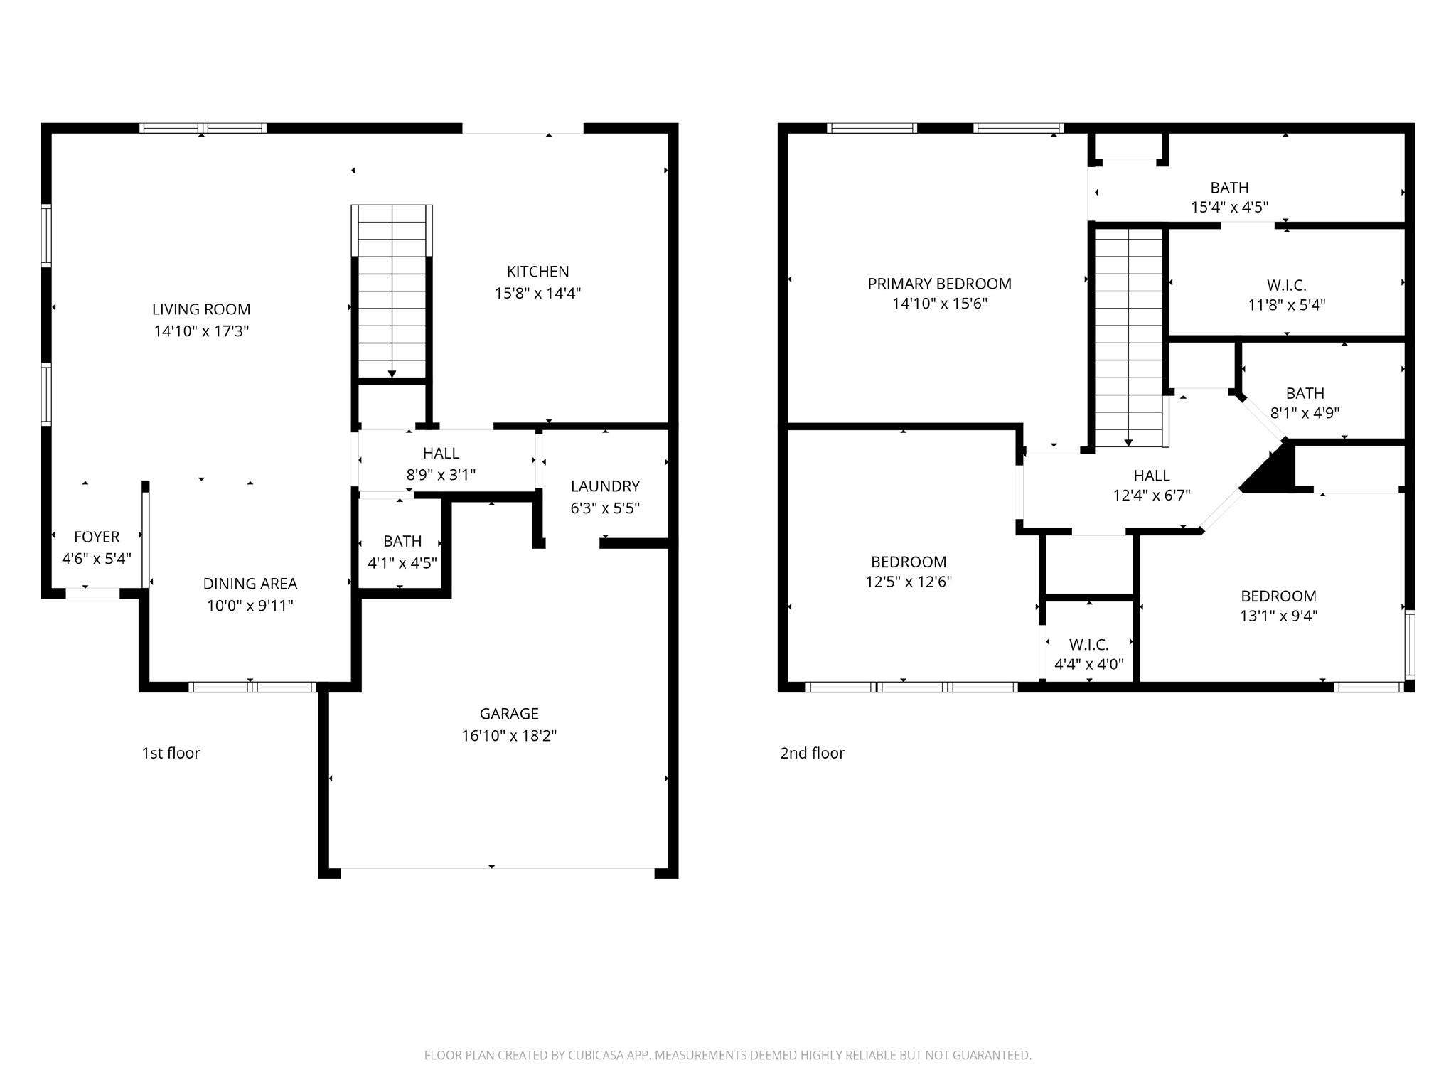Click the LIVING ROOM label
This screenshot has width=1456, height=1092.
click(x=201, y=309)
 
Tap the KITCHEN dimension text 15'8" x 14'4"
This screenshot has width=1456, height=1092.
click(x=537, y=293)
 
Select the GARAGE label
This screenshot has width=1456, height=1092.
click(x=508, y=713)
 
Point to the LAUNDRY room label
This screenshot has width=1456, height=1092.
click(x=605, y=486)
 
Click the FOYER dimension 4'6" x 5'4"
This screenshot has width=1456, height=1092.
click(x=97, y=559)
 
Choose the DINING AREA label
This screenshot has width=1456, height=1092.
click(x=250, y=584)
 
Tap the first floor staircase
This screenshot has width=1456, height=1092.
click(x=392, y=291)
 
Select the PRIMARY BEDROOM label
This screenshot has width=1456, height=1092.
click(x=939, y=284)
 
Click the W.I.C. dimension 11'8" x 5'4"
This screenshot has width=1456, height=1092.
click(x=1286, y=305)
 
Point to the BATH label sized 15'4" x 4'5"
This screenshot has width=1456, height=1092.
click(x=1229, y=188)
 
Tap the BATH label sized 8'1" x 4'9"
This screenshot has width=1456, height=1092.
click(x=1305, y=393)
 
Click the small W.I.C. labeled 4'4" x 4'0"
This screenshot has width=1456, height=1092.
click(x=1088, y=645)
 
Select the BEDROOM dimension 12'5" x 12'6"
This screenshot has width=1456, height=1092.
click(x=908, y=582)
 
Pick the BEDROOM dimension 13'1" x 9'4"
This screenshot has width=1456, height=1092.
click(x=1278, y=616)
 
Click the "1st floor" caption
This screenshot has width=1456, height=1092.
click(x=171, y=753)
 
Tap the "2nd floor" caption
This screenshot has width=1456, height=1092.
click(x=812, y=753)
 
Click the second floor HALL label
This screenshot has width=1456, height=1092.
click(x=1151, y=476)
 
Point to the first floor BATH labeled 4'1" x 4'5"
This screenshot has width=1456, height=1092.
click(x=402, y=542)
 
